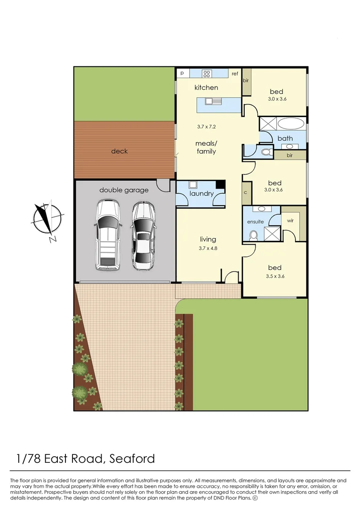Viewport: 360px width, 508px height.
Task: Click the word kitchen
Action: [x=206, y=87]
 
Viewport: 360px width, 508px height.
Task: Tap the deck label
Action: [x=119, y=151]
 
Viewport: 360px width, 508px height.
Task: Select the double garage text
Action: [x=124, y=190]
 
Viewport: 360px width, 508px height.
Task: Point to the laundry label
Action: [x=201, y=193]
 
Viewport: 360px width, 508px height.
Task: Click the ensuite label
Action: [x=256, y=222]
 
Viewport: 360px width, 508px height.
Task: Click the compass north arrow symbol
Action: [x=48, y=219]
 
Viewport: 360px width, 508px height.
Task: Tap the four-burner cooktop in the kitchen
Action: [x=206, y=73]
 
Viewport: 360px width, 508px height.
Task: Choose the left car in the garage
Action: [x=107, y=235]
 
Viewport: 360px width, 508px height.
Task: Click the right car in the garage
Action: [x=143, y=235]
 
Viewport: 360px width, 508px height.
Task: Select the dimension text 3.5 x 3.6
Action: [x=275, y=276]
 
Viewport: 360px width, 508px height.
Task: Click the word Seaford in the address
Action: [x=132, y=458]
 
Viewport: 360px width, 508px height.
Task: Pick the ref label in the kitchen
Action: [x=235, y=74]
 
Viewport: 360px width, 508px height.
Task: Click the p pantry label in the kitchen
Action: [x=182, y=73]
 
